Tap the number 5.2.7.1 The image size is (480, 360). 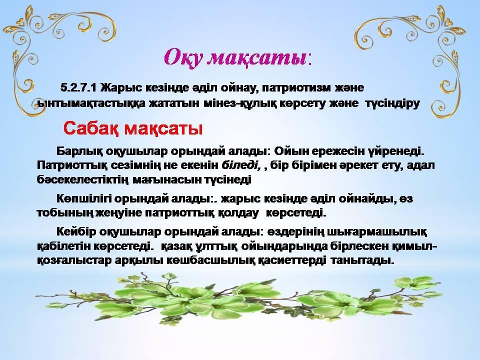pyautogui.click(x=78, y=88)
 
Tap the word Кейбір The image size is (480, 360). pyautogui.click(x=75, y=231)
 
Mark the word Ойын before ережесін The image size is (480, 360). pyautogui.click(x=290, y=151)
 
